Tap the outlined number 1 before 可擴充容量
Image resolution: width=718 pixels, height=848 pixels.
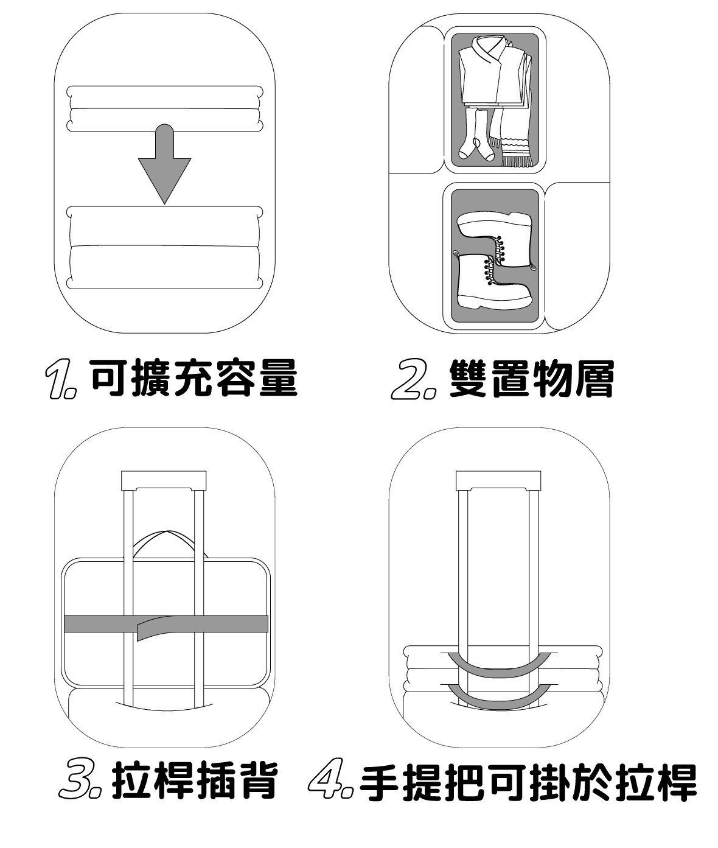pos(61,379)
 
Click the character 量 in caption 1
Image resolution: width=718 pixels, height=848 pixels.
pos(279,379)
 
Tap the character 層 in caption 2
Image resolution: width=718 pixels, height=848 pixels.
pos(593,379)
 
